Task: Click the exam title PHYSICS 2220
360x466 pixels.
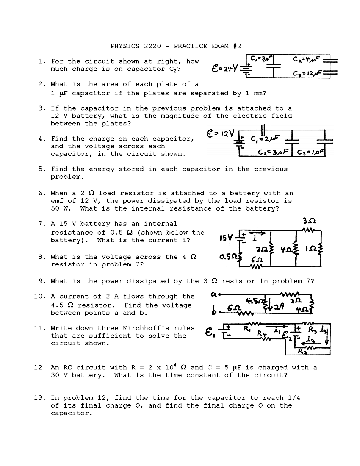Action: click(x=136, y=46)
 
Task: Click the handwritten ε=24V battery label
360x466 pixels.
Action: click(x=225, y=69)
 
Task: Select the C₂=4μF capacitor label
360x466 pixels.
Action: click(x=306, y=59)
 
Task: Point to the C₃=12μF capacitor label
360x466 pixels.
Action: click(x=307, y=73)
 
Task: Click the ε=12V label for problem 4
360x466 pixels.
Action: click(x=221, y=133)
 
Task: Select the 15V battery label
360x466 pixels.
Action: click(x=226, y=238)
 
